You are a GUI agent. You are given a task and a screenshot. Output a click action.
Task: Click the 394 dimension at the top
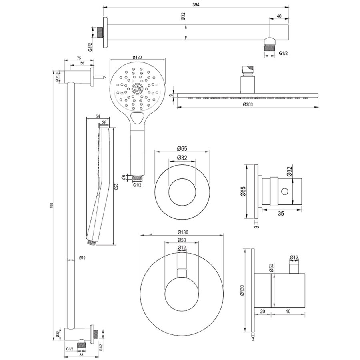tap(196, 5)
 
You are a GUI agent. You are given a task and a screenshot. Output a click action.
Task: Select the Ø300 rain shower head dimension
tap(248, 105)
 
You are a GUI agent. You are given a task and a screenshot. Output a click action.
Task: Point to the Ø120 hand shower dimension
tap(137, 57)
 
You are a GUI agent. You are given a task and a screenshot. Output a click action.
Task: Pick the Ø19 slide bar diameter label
tap(82, 258)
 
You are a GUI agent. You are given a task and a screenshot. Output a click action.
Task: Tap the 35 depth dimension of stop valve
tap(281, 214)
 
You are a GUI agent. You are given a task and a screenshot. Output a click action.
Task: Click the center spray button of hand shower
tap(137, 89)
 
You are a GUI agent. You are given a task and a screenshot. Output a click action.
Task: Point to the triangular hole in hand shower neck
tap(137, 117)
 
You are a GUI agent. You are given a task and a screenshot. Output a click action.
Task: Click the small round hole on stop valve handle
tap(285, 191)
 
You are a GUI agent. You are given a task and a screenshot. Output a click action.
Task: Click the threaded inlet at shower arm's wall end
tap(100, 33)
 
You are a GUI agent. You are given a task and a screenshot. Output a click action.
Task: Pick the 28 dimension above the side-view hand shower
tap(104, 123)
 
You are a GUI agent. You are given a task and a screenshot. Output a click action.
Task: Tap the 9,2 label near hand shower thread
tap(123, 177)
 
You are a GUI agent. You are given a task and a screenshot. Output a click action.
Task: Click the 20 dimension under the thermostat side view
tap(263, 311)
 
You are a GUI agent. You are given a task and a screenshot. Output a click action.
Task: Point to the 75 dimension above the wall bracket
tap(79, 58)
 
